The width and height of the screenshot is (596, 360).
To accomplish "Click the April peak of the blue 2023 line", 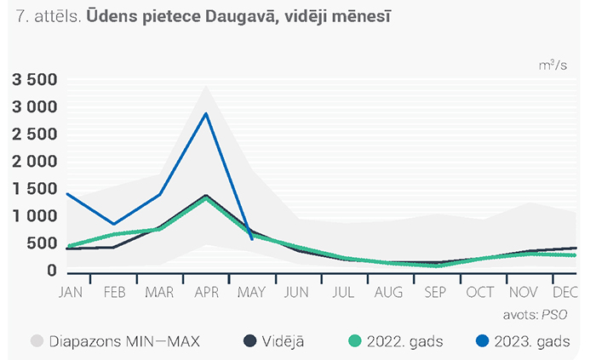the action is click(x=206, y=113).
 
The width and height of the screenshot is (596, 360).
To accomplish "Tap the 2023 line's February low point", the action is click(x=113, y=224).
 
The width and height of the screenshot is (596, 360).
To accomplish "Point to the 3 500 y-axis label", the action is click(x=35, y=80).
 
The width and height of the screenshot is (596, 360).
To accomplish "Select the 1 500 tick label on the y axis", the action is click(x=35, y=189).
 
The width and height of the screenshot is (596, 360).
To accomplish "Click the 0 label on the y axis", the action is click(x=52, y=271).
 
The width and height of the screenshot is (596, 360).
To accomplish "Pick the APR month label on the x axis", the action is click(x=207, y=293).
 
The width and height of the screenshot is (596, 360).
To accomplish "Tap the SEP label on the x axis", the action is click(x=435, y=293).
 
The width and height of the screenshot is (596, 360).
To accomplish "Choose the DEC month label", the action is click(x=565, y=293).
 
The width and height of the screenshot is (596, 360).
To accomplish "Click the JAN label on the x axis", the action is click(x=71, y=293).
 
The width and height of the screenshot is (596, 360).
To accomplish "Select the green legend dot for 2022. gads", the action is click(x=355, y=340).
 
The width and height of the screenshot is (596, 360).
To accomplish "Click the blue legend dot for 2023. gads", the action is click(x=483, y=340).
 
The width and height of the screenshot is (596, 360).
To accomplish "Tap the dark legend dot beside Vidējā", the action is click(x=249, y=340).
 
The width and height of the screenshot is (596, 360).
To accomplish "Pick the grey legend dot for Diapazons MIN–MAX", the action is click(x=37, y=340).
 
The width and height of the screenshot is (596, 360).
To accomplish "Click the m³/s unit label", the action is click(x=553, y=66).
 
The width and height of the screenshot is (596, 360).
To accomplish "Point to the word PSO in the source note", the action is click(x=554, y=315).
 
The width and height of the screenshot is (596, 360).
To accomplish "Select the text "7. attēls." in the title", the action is click(x=49, y=17).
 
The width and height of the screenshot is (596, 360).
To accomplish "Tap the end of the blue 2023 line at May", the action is click(x=252, y=239).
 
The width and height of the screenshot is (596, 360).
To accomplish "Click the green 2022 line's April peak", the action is click(x=206, y=198).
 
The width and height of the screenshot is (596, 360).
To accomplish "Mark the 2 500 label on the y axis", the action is click(x=35, y=134).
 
